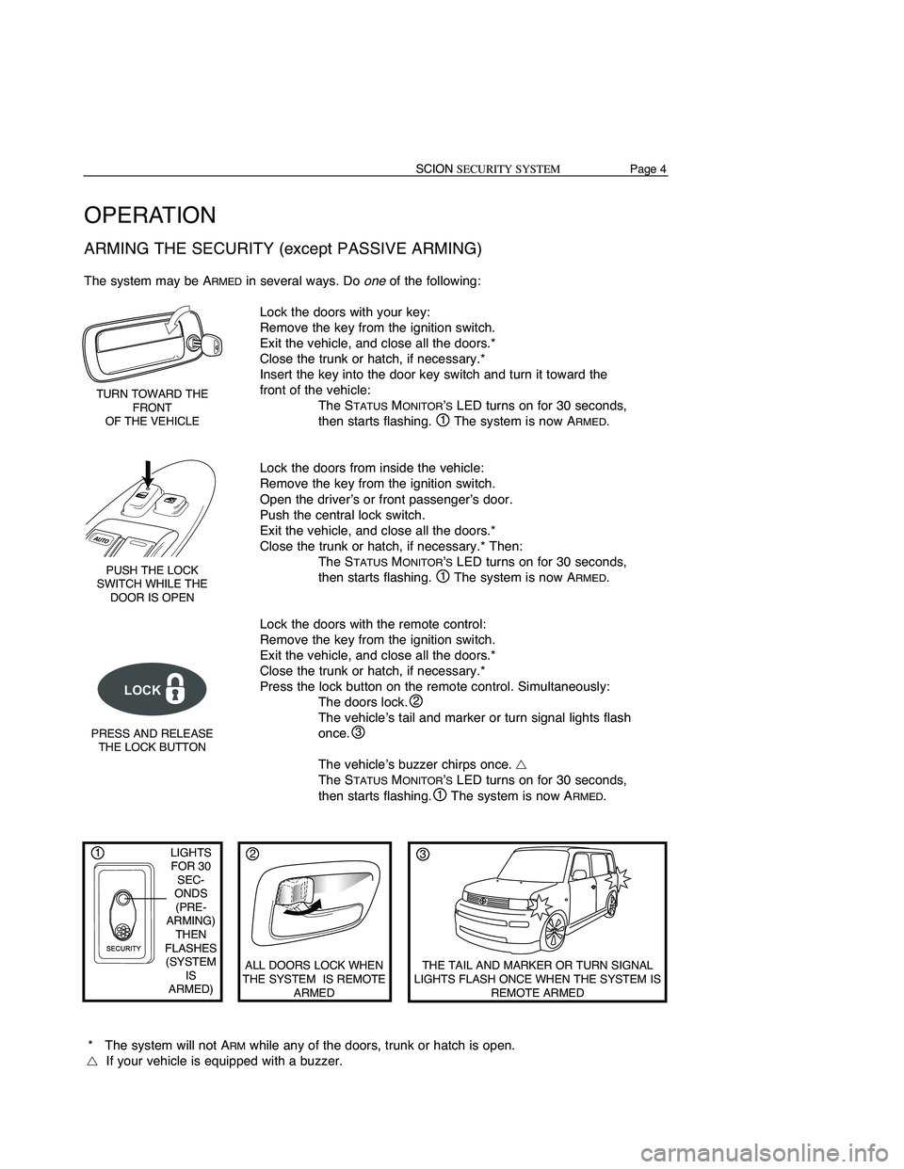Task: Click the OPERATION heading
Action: [150, 215]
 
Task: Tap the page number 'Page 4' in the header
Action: [650, 169]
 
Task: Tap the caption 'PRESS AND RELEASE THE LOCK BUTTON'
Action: [152, 740]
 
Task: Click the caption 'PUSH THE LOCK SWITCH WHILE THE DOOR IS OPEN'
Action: [152, 584]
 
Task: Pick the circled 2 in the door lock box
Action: [251, 854]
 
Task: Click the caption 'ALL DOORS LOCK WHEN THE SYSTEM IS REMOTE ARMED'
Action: [314, 979]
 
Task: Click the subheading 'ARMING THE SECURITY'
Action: [282, 248]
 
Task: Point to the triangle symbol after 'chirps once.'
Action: [521, 764]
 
